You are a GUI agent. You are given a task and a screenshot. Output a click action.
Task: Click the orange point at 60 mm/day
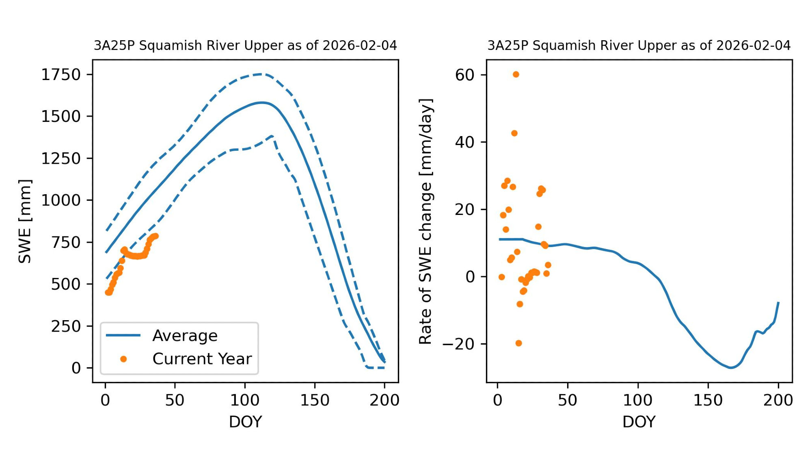pos(516,74)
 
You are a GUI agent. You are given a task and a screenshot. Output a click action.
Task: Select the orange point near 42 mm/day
pos(514,133)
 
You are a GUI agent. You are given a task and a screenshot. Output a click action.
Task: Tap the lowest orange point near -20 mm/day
pos(518,343)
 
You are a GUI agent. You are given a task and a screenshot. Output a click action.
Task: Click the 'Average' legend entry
pos(185,336)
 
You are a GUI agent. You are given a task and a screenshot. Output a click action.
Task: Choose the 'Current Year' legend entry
pos(202,359)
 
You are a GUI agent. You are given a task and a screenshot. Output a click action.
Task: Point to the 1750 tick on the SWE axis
pos(61,75)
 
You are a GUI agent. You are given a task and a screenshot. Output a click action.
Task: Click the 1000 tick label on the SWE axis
pos(61,200)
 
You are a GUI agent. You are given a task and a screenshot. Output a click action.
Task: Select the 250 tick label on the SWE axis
pos(66,326)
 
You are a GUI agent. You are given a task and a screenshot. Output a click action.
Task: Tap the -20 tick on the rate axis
pos(458,344)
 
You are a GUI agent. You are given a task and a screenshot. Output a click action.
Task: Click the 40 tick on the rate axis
pos(464,142)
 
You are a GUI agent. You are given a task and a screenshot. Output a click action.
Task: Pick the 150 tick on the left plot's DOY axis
pos(315,400)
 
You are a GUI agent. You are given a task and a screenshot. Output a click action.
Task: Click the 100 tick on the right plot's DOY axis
pos(638,400)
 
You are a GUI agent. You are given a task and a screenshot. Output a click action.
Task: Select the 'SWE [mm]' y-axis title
pos(25,221)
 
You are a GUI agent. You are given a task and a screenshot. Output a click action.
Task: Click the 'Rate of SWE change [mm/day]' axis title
pos(425,221)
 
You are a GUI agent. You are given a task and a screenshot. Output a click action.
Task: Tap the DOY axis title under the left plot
pos(245,422)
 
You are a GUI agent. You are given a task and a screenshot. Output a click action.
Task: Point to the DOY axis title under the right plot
pos(639,422)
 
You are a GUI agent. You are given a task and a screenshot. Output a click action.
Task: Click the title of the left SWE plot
pos(245,46)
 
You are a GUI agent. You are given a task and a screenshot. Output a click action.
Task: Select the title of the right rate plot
pos(639,46)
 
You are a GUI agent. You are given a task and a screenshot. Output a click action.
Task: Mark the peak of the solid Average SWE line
pos(262,102)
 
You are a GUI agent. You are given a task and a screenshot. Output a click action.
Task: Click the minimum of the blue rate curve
pos(731,368)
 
